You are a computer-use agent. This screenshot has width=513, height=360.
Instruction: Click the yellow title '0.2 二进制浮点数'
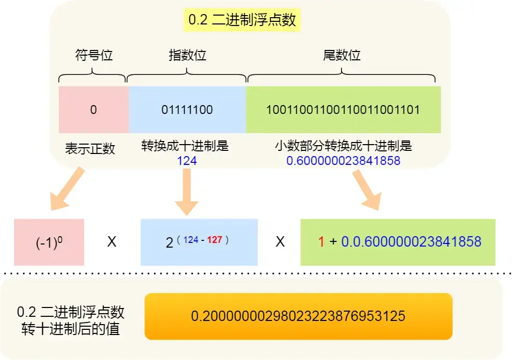242,20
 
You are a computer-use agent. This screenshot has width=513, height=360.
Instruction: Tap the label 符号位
94,55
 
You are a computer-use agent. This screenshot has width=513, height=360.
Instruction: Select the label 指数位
187,55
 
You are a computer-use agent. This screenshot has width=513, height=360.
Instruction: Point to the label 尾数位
342,55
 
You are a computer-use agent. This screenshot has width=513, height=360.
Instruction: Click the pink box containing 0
94,110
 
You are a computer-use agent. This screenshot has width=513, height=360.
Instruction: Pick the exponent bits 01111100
187,110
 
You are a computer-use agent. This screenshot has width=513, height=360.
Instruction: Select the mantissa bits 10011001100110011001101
343,110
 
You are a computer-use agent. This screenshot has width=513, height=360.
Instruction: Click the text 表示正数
89,149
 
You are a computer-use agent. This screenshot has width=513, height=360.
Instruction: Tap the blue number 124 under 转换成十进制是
187,161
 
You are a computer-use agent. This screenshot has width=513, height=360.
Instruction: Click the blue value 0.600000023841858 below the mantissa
343,161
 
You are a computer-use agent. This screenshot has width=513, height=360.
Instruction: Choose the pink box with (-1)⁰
49,242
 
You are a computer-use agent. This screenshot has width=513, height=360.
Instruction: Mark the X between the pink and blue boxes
112,242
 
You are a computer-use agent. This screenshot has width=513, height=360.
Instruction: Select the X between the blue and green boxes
280,242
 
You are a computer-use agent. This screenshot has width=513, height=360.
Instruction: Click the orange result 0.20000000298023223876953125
298,316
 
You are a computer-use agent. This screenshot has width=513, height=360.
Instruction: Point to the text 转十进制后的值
71,329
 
